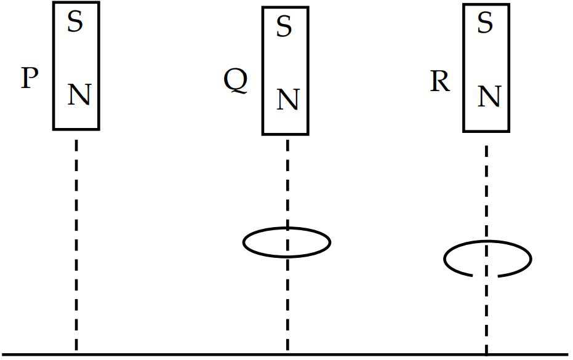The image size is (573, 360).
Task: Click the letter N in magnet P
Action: coord(79,95)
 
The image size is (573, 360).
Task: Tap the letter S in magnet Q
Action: coord(284,26)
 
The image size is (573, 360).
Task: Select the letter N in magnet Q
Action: coord(288,100)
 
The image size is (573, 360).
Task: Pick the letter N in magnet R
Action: coord(489,97)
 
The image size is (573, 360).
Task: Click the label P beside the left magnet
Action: coord(30,78)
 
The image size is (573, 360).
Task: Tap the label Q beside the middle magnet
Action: coord(236,81)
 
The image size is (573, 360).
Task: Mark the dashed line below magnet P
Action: coord(76,245)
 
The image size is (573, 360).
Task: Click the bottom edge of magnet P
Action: coord(76,129)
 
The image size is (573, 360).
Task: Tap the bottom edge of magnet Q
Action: coord(286,134)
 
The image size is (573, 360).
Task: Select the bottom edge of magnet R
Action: coord(486,131)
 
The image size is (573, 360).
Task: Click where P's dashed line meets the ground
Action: coord(76,354)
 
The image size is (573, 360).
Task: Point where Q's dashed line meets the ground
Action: coord(287,354)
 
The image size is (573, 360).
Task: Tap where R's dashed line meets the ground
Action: coord(486,354)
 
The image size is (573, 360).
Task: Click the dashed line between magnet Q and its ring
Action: coord(287,183)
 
